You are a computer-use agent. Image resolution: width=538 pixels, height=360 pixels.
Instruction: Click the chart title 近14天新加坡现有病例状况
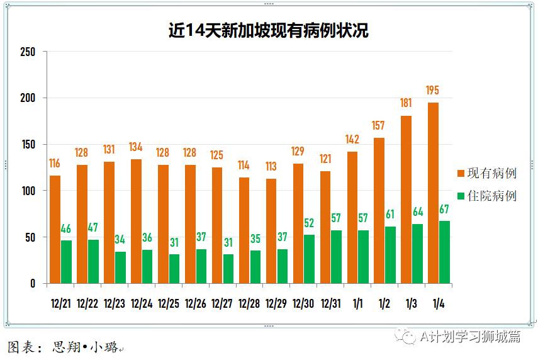click(268, 30)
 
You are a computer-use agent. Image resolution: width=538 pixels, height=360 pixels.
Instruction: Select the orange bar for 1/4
click(433, 193)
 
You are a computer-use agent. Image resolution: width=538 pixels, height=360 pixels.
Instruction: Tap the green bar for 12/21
click(66, 262)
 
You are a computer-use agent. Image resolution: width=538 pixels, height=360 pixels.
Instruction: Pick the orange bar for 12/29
click(271, 231)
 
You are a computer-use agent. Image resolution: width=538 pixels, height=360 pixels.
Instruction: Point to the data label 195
click(432, 91)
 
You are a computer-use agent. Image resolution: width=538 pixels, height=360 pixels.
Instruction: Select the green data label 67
click(444, 210)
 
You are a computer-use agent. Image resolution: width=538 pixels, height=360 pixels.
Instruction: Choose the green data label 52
click(310, 223)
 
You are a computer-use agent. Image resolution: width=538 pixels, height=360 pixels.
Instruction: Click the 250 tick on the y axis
click(28, 52)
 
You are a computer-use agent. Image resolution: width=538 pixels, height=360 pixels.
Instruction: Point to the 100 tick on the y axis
click(28, 191)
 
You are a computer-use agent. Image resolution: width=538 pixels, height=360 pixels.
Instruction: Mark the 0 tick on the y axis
click(33, 284)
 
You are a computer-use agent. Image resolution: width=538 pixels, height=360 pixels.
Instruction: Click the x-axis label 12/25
click(168, 303)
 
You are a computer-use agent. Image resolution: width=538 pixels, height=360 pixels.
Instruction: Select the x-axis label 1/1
click(357, 303)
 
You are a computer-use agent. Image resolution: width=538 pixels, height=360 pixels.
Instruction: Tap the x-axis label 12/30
click(303, 303)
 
